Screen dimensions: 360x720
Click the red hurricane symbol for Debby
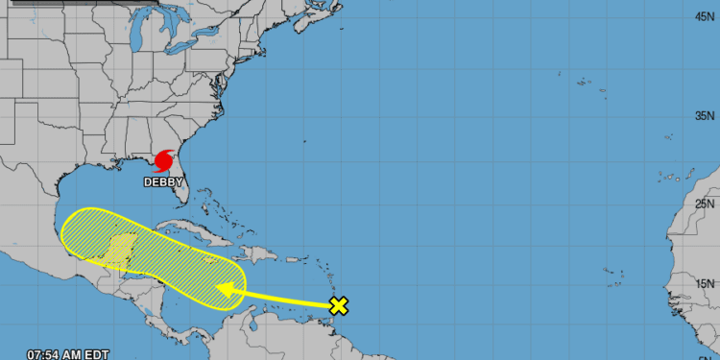164,158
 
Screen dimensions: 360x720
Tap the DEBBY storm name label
163,180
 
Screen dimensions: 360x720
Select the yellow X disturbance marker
338,306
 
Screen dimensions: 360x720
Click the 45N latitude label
704,16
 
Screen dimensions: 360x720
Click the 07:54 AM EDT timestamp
55,353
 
